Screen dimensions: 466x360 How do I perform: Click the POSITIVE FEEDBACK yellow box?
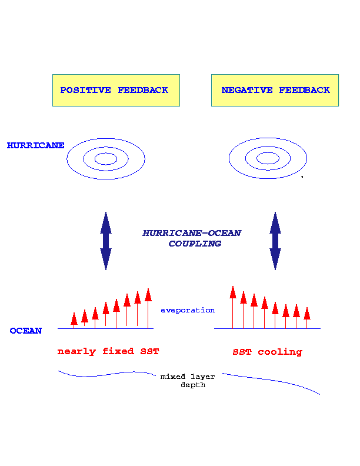click(116, 90)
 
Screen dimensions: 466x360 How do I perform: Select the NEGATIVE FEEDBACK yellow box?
click(275, 90)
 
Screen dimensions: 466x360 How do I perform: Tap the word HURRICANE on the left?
click(35, 145)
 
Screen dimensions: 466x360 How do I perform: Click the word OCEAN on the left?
click(26, 331)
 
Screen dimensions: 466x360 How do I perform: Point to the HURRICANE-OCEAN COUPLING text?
click(192, 238)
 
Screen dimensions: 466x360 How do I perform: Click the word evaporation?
click(188, 310)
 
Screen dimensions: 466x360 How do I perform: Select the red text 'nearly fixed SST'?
click(108, 352)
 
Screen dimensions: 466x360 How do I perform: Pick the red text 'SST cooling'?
click(267, 352)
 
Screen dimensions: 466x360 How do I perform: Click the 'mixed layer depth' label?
click(188, 380)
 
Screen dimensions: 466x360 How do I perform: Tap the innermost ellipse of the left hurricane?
click(106, 158)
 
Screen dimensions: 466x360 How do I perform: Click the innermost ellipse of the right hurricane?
click(268, 158)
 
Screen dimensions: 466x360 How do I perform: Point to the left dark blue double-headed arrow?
click(106, 241)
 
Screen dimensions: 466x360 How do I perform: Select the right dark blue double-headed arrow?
click(275, 241)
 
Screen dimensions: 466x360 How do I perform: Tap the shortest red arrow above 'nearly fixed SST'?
click(74, 319)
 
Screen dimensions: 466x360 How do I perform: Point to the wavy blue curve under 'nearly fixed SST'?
click(106, 374)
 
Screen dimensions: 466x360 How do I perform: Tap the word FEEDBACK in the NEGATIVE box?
click(305, 91)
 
